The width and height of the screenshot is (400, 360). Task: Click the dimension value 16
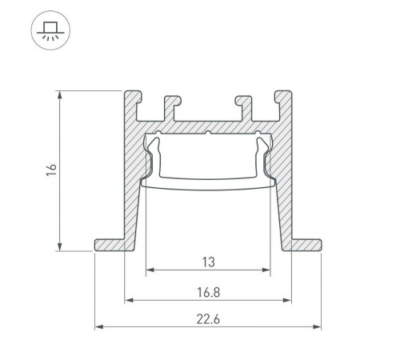pos(50,170)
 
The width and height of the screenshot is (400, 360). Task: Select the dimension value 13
pos(207,261)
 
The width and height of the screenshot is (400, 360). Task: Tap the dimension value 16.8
pos(207,291)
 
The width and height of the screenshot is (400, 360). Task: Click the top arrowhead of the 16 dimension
pos(60,95)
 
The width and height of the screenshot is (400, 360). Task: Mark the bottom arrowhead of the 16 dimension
pos(60,246)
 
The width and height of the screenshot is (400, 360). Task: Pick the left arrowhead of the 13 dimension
pos(149,270)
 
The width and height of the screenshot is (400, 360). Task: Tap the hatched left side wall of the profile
pos(134,192)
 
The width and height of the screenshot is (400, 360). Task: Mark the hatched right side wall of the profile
pos(281,192)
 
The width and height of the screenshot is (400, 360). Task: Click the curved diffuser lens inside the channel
pos(207,182)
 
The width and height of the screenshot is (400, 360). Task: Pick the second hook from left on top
pos(170,102)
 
